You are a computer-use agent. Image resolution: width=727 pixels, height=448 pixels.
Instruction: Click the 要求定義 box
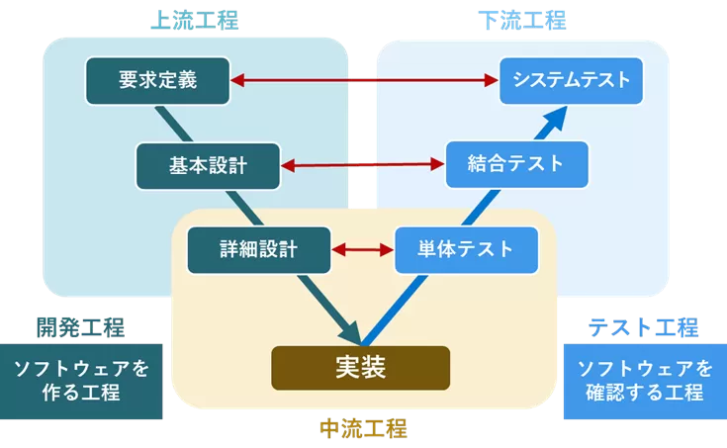pos(157,80)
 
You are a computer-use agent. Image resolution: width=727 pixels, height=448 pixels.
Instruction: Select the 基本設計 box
pos(207,165)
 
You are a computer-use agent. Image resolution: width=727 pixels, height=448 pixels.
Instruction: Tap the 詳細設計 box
pos(258,249)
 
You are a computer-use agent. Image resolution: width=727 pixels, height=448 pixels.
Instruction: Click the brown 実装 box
pos(360,368)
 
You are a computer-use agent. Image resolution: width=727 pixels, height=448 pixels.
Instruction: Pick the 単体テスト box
pos(467,249)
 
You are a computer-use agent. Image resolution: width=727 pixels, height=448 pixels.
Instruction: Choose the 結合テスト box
pos(516,164)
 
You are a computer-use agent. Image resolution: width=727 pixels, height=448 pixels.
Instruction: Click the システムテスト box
pos(572,80)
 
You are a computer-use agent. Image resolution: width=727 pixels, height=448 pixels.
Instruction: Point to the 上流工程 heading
pos(194,21)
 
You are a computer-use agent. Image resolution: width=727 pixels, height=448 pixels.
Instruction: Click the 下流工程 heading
pos(521,21)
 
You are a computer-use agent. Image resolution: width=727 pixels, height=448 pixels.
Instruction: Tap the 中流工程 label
pos(362,428)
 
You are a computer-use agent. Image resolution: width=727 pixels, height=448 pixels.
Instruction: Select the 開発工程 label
pos(80,327)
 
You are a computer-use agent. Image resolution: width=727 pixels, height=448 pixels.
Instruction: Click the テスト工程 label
pos(643,327)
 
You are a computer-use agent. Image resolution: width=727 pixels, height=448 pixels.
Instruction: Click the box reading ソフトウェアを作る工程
pos(81,381)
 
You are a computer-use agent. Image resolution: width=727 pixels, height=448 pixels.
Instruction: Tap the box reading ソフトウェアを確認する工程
pos(643,381)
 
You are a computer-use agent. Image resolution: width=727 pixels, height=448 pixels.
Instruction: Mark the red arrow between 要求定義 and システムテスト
pos(364,80)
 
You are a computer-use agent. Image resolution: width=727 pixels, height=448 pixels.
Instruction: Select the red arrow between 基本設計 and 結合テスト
pos(361,165)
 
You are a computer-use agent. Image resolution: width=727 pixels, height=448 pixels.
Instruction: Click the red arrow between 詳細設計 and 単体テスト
pos(362,249)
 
